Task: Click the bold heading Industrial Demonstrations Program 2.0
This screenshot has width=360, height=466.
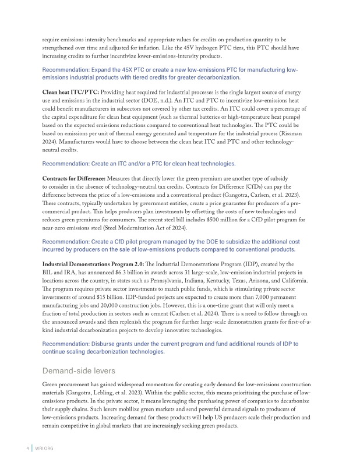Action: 104,264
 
